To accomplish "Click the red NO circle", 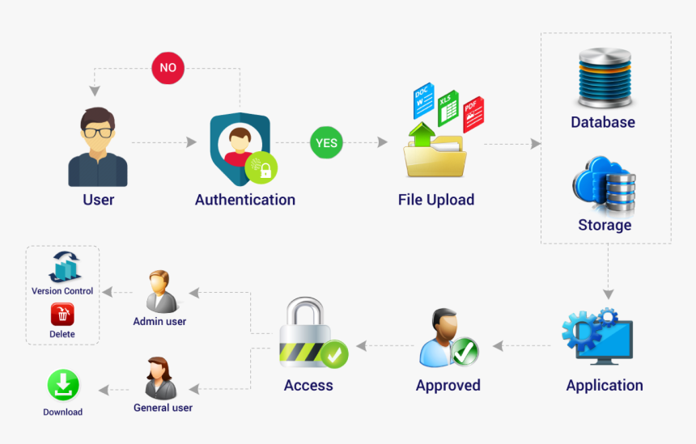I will click(168, 68).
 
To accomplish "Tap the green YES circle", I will click(326, 143).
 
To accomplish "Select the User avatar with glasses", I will click(98, 146).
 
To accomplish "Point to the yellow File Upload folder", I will click(435, 156).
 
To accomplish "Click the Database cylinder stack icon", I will click(604, 80).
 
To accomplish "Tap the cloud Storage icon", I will click(604, 185).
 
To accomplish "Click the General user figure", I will click(161, 378).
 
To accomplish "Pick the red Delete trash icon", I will click(62, 315).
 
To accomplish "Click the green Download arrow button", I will click(62, 386).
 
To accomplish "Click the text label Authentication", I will click(244, 200).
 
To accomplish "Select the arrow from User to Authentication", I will click(164, 142).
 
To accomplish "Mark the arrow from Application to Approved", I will click(523, 346).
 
